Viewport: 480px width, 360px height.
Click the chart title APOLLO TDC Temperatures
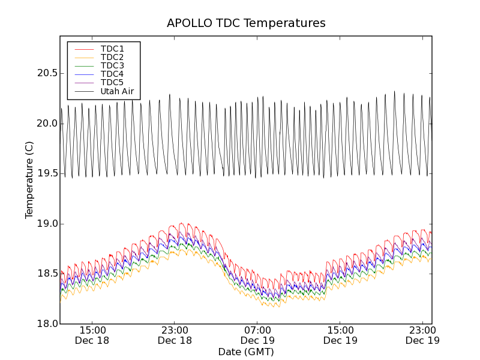246,23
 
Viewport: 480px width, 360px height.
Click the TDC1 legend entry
112,49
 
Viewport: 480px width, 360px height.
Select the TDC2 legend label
112,57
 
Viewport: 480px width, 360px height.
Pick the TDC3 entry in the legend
112,65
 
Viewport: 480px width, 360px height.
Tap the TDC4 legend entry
112,74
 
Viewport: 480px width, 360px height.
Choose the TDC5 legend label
112,82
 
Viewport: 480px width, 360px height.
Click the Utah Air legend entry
117,91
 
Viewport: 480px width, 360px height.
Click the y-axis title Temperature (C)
29,180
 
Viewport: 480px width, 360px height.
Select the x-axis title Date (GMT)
246,352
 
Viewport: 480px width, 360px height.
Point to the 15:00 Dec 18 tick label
92,335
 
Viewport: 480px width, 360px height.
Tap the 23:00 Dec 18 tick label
175,335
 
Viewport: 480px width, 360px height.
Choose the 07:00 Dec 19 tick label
258,335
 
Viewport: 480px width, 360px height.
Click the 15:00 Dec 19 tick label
341,335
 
